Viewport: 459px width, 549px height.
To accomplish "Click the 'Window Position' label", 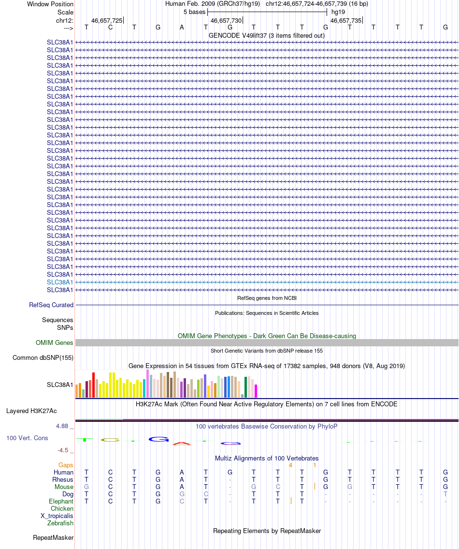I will [50, 4].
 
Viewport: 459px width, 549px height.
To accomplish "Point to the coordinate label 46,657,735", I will [345, 20].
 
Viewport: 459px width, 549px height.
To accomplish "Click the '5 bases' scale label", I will [194, 12].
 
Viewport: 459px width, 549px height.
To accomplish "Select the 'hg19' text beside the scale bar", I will [338, 12].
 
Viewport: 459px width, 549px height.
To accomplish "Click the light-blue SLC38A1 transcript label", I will [60, 282].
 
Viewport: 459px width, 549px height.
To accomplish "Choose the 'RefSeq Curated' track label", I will [51, 305].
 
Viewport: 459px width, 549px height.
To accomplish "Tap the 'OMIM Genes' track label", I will [55, 342].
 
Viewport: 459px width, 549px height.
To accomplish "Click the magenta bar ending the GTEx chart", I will [256, 391].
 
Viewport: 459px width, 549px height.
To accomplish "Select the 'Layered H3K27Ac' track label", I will [31, 411].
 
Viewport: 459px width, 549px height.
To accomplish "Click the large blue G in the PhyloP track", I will [158, 439].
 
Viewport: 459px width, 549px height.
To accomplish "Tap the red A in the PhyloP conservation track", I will [182, 443].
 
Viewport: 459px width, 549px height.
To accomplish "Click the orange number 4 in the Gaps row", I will [290, 465].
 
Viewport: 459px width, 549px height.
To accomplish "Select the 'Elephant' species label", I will [61, 501].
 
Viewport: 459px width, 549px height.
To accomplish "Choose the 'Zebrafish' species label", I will [60, 523].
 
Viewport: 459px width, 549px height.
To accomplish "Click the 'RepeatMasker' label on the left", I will [53, 537].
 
